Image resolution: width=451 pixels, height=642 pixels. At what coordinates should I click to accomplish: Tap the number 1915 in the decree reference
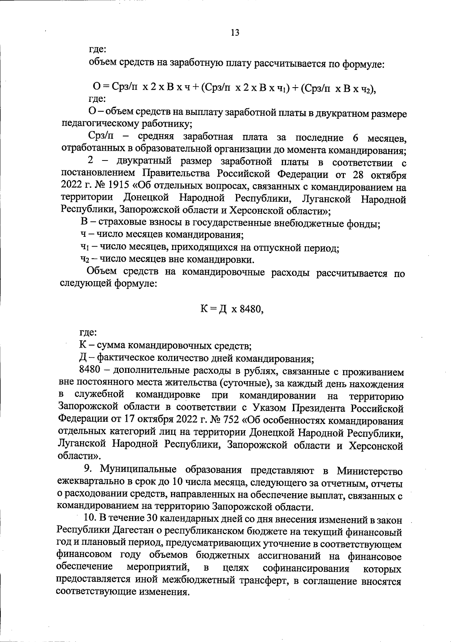[x=113, y=187]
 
